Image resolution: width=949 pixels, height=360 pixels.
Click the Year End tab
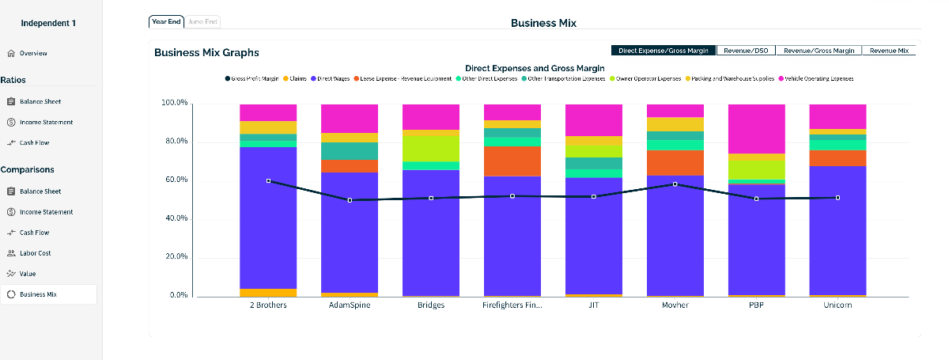click(166, 22)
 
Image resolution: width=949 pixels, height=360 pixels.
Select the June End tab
click(202, 22)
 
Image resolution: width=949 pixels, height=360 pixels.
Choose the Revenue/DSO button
click(746, 51)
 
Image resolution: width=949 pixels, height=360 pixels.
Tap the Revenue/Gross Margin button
click(819, 51)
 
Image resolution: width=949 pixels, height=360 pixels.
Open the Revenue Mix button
click(889, 51)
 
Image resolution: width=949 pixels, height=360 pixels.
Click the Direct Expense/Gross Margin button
click(664, 51)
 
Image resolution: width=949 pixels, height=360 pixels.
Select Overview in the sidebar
click(33, 54)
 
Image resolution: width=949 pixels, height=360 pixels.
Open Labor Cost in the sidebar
click(36, 253)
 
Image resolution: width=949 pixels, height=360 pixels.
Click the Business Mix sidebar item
click(38, 294)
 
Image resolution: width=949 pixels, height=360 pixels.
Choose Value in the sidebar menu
click(28, 274)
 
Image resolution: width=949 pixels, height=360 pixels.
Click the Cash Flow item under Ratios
click(34, 143)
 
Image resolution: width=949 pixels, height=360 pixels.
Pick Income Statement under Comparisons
click(46, 212)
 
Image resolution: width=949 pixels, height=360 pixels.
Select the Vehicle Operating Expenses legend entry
click(819, 79)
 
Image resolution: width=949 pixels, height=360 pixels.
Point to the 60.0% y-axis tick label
click(174, 180)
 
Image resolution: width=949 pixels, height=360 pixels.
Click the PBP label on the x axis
click(757, 305)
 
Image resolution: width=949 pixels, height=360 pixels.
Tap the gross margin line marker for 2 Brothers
click(269, 181)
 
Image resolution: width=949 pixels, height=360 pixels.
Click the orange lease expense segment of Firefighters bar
click(512, 161)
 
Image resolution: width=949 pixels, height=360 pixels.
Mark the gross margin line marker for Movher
click(675, 184)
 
